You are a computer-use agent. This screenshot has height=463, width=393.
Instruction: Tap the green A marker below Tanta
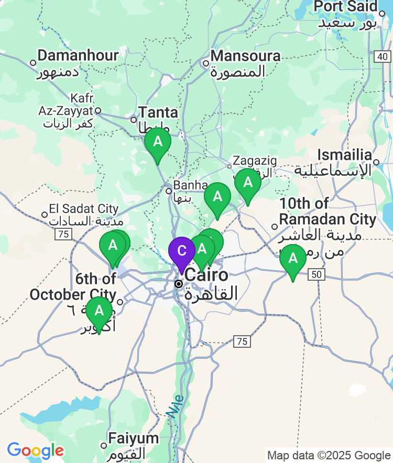157,142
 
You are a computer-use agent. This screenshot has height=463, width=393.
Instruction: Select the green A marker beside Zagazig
247,183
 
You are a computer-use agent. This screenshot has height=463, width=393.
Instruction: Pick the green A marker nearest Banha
217,197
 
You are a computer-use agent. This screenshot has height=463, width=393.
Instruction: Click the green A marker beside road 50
292,259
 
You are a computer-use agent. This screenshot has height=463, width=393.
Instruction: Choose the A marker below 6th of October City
99,311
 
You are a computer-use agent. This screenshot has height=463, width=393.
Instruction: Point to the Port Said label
345,6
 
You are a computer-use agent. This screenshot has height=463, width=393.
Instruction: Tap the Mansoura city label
245,56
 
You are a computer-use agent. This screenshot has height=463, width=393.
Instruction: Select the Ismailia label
347,155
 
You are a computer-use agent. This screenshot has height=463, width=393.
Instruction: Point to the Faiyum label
134,439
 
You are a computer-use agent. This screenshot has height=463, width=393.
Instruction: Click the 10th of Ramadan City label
327,211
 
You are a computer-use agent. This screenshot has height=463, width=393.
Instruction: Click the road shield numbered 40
383,57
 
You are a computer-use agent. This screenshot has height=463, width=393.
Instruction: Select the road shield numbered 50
316,274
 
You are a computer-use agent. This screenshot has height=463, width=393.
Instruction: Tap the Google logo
35,450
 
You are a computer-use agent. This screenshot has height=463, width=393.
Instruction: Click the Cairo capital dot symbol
179,283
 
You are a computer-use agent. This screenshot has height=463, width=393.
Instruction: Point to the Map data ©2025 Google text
329,455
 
